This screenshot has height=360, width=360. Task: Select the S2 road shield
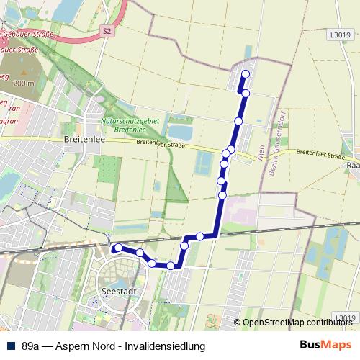107,31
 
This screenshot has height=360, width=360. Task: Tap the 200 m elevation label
23,84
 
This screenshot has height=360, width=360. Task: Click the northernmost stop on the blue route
246,74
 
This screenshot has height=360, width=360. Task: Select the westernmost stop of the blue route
117,248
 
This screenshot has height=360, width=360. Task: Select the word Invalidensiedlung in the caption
166,346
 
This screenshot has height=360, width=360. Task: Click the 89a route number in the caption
31,346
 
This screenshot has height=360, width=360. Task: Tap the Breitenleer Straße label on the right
320,153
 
